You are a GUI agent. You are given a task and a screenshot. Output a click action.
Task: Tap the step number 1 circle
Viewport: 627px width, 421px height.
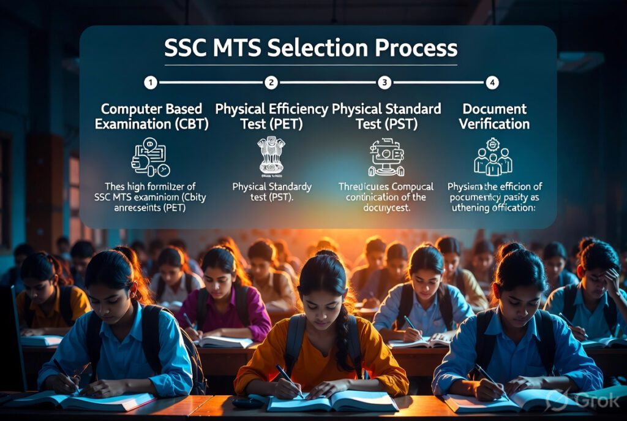click(151, 82)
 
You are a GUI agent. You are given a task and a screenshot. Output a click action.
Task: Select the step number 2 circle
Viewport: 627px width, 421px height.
click(271, 82)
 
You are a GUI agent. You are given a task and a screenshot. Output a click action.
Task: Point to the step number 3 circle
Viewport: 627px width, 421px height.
click(385, 82)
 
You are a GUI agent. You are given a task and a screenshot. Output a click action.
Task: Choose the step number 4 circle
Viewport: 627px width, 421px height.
click(492, 82)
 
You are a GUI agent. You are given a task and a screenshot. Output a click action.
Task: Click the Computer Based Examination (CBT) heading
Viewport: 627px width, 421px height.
click(151, 116)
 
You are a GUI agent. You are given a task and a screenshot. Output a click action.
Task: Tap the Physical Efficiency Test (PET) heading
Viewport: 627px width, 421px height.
click(271, 116)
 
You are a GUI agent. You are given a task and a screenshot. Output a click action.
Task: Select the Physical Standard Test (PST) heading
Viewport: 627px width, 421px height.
click(386, 116)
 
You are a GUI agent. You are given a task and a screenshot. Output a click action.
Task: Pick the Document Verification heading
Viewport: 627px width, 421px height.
click(495, 116)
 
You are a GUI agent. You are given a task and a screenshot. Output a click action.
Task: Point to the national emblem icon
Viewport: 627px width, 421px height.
click(271, 156)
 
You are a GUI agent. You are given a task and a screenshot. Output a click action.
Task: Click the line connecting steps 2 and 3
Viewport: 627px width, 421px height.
click(328, 82)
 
